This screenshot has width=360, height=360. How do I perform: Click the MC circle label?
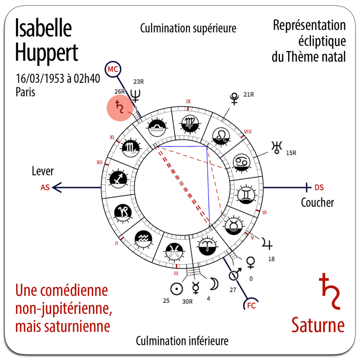113,69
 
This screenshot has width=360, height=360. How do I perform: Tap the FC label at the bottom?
252,306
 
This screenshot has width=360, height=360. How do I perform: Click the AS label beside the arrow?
45,187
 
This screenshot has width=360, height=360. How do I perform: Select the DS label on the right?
319,187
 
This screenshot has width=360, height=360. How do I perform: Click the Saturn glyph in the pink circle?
119,107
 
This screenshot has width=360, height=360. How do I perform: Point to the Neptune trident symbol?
136,96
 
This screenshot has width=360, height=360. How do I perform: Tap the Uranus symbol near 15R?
277,147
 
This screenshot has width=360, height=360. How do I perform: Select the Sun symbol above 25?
176,288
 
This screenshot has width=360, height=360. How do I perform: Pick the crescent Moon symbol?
214,284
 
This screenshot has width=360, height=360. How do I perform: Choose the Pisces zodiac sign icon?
174,252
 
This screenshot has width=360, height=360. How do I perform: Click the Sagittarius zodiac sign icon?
118,178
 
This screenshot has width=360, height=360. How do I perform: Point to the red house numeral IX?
188,102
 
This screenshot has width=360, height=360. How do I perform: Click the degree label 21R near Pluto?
249,94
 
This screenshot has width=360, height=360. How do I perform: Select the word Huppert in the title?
47,53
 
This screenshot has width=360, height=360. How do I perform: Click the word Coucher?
318,202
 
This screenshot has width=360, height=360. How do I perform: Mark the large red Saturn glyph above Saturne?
329,291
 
